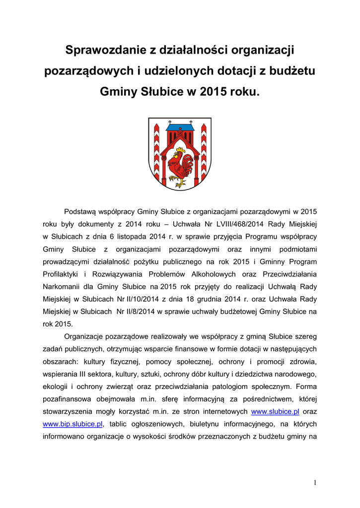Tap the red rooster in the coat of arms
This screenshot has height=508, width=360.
pos(180,167)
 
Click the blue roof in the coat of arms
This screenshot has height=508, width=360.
pos(180,128)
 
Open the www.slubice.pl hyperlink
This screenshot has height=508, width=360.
pos(276,412)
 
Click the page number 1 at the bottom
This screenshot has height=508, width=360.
pos(315,483)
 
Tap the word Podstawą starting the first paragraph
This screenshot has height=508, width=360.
pos(81,211)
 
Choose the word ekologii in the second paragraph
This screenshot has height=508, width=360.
pos(56,386)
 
